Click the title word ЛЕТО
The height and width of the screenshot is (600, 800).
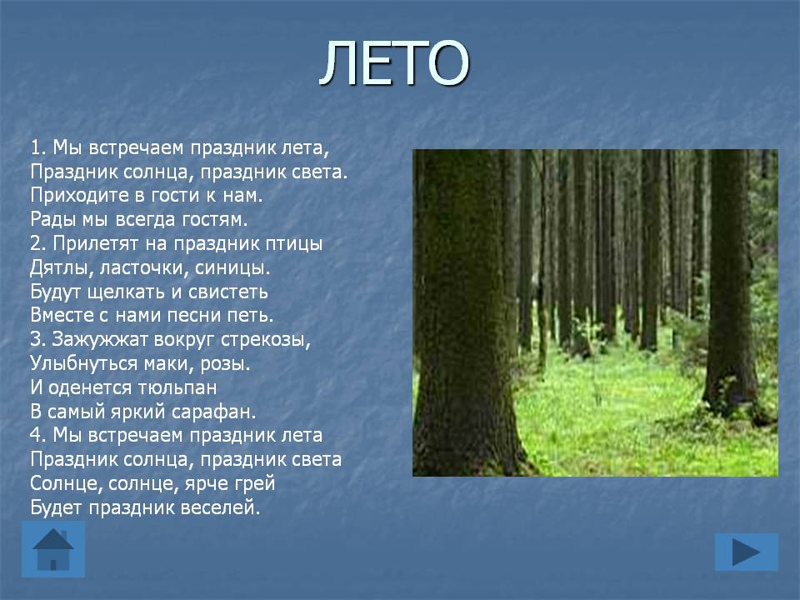tap(394, 62)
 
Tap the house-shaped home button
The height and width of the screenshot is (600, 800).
tap(53, 549)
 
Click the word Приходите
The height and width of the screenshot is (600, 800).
tap(74, 195)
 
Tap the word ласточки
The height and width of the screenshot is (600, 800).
tap(144, 267)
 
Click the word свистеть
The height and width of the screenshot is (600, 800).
tap(228, 292)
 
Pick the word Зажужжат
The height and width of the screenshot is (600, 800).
tap(99, 339)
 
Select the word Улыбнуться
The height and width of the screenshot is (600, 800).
tap(83, 363)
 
